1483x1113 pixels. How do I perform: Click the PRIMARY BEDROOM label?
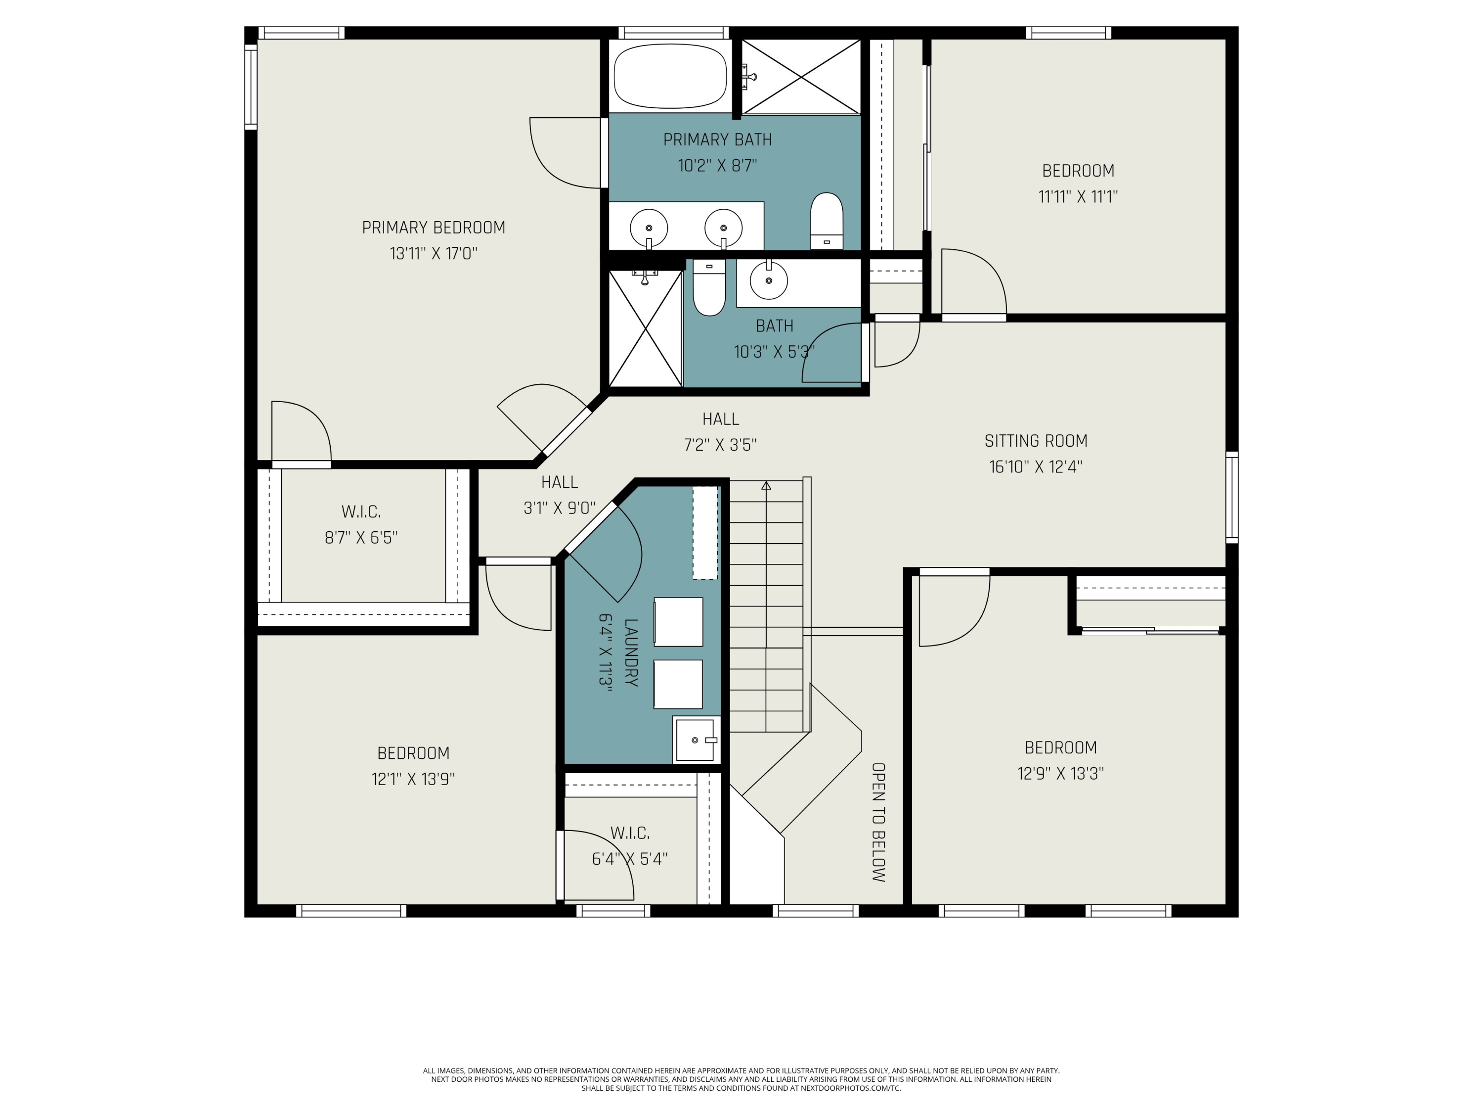pos(433,228)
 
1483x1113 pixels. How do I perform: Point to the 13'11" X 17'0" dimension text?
pos(433,254)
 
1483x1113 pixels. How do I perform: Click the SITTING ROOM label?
pos(1035,441)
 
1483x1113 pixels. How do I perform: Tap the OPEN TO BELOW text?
pos(878,822)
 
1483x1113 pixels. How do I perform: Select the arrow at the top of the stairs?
pos(766,485)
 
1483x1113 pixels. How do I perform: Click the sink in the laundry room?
pos(695,740)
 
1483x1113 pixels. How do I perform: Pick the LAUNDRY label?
pos(630,652)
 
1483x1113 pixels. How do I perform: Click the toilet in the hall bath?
pos(709,288)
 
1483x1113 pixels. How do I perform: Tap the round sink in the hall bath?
pos(768,280)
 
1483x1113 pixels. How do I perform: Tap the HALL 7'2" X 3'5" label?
pos(720,431)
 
